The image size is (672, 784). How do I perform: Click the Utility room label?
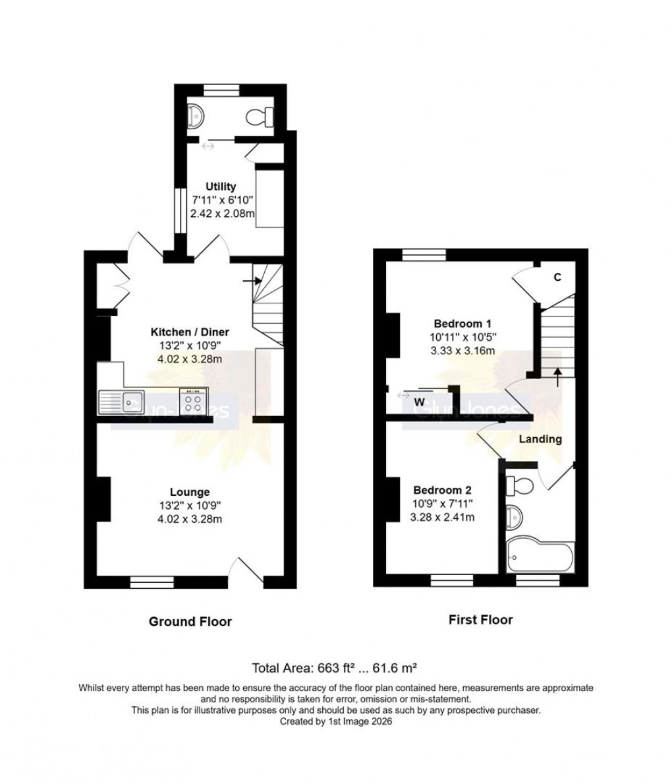click(x=220, y=187)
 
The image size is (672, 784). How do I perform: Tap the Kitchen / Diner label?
click(x=190, y=332)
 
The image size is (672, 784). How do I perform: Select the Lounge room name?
click(x=190, y=492)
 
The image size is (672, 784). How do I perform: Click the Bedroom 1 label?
click(x=462, y=324)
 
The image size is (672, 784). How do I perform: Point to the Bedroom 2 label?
click(x=442, y=491)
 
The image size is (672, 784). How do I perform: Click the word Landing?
click(x=540, y=439)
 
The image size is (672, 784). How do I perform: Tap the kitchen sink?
click(x=122, y=400)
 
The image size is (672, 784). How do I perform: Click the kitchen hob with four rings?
click(x=194, y=401)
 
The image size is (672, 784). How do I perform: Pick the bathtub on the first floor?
click(x=540, y=557)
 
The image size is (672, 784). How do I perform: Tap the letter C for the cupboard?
click(x=557, y=278)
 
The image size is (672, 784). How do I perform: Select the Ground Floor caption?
click(x=190, y=621)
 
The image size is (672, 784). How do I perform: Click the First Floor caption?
click(x=480, y=620)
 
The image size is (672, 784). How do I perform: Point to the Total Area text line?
click(x=336, y=667)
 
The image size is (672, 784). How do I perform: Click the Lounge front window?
click(x=152, y=582)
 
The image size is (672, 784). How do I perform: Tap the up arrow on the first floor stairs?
click(x=558, y=377)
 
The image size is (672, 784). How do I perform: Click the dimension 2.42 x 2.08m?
click(x=222, y=213)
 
